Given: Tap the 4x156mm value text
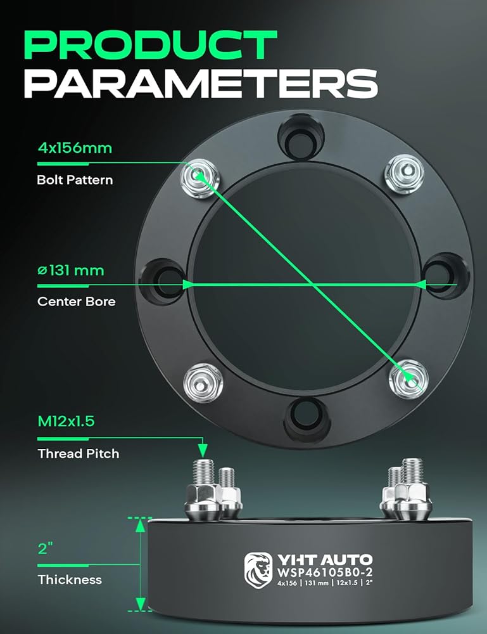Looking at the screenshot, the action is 74,148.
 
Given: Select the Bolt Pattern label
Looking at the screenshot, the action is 75,179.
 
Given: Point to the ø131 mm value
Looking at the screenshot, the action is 70,271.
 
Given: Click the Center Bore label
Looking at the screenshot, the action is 76,301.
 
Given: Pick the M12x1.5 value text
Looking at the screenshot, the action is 66,421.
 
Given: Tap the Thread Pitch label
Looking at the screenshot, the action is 78,453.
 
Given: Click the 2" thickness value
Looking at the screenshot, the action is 44,548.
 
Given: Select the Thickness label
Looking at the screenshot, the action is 69,579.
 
